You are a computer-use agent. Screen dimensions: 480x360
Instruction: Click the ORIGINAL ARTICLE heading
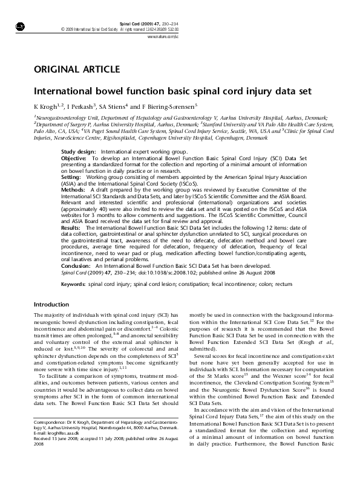point(76,70)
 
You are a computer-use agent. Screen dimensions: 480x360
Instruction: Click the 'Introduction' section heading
point(51,304)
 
